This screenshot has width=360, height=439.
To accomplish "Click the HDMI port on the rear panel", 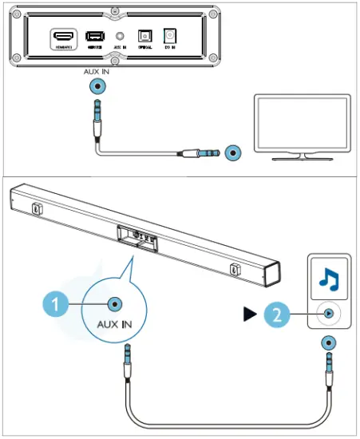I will point(63,36).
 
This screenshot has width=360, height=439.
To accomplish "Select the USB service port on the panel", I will point(95,36).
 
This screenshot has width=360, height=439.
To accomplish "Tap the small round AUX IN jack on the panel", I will point(120,36).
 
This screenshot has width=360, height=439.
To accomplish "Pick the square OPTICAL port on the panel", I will point(145,36).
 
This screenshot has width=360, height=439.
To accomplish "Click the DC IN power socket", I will point(169,36).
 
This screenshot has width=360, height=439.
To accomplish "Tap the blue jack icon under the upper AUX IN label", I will point(98,87).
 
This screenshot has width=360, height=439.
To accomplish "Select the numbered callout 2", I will point(273,314).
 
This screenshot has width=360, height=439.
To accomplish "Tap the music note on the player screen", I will point(327,278).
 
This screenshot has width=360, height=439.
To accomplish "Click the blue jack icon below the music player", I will point(327,343).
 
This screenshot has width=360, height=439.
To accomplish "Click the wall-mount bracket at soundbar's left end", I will point(37,208).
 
